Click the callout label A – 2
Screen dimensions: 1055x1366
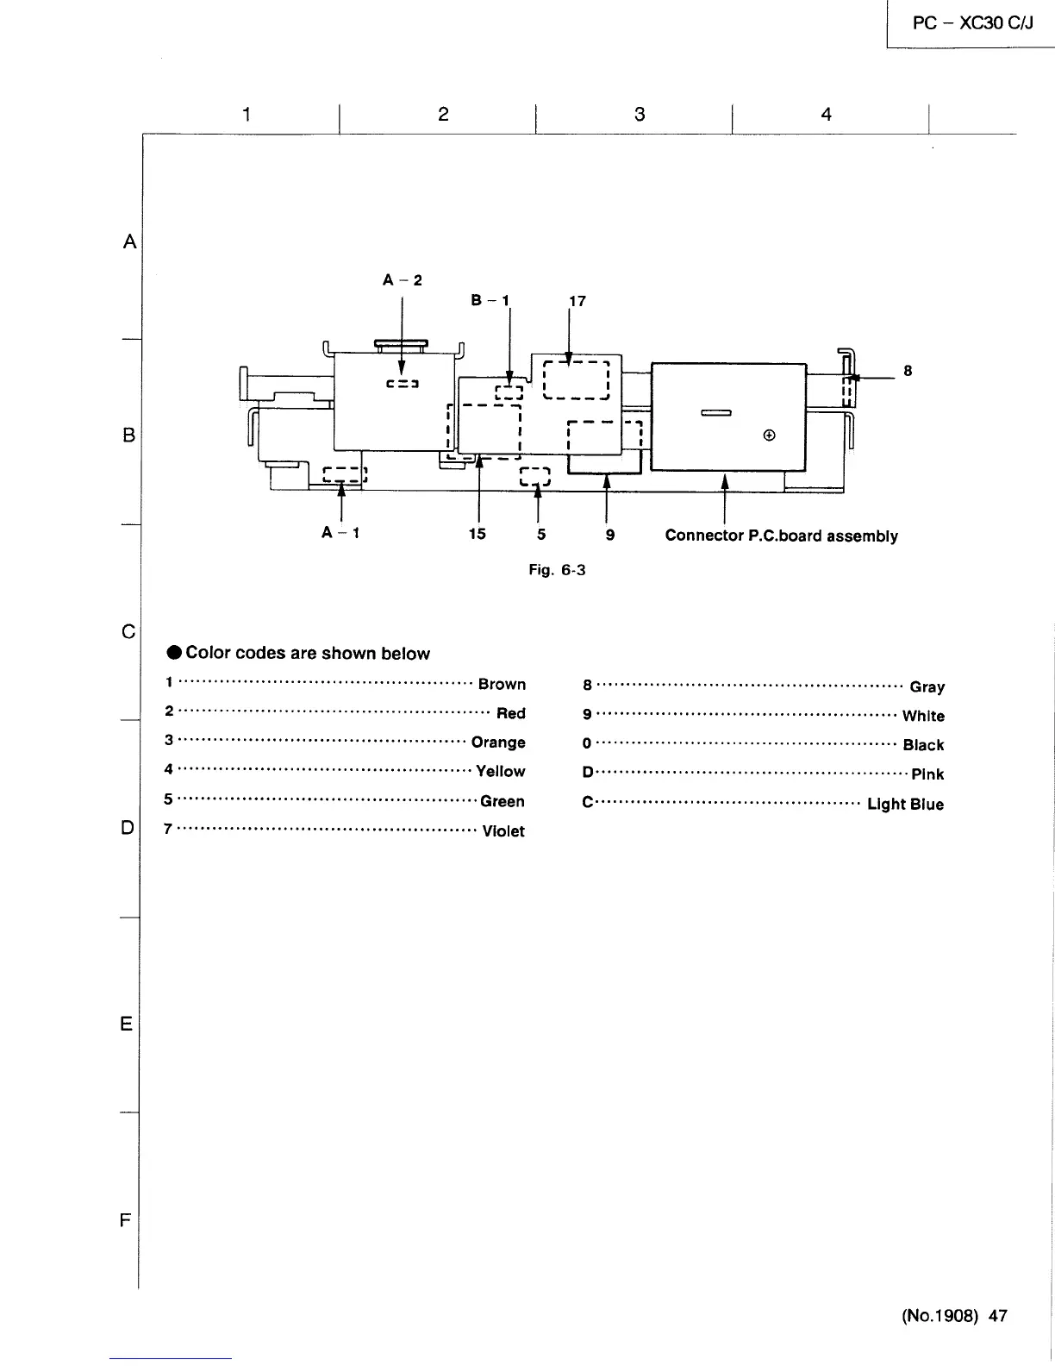coord(403,279)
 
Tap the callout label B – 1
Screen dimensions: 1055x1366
coord(490,300)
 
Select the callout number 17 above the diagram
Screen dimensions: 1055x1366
coord(577,301)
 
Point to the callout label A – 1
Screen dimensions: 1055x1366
coord(340,532)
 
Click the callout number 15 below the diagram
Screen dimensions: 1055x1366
coord(477,534)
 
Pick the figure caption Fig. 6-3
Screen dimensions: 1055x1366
coord(557,569)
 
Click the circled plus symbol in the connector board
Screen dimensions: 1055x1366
coord(769,435)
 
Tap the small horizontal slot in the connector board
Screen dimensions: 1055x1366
coord(716,413)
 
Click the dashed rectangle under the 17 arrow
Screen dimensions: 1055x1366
coord(576,380)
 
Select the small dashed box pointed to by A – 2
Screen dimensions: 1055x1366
coord(403,384)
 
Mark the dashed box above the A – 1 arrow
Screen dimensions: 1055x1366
coord(345,474)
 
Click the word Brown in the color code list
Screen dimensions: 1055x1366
coord(502,684)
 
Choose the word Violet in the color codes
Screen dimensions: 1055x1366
coord(503,831)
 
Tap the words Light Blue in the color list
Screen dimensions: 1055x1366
coord(905,804)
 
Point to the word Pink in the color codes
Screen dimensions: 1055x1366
coord(927,774)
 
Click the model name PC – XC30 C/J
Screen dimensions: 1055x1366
coord(973,23)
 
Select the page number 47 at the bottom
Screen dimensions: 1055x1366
coord(998,1316)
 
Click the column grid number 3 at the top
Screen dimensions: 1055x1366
coord(640,115)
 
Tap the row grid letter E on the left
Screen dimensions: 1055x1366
coord(127,1024)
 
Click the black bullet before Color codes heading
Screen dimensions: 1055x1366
coord(174,652)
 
